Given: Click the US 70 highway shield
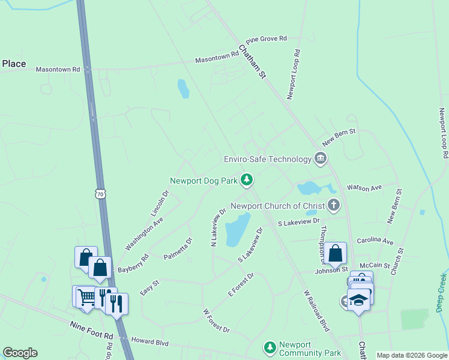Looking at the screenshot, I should pos(100,194).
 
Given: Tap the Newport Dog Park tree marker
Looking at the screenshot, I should pos(246,179).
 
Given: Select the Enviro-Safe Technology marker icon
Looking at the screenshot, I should pos(321,158).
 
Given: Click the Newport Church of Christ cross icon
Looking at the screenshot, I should pos(334,205).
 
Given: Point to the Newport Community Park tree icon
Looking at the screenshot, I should pos(270,347).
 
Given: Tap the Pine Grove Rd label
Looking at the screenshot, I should pos(266,38).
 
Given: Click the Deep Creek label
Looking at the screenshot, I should pos(441,293).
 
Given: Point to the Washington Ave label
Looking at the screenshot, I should pos(144,233).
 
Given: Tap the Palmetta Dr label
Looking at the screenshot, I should pos(178,249).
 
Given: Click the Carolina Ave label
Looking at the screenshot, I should pos(375,241).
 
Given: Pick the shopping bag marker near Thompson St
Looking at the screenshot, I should pos(337,253).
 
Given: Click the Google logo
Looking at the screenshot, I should pos(20,353).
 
